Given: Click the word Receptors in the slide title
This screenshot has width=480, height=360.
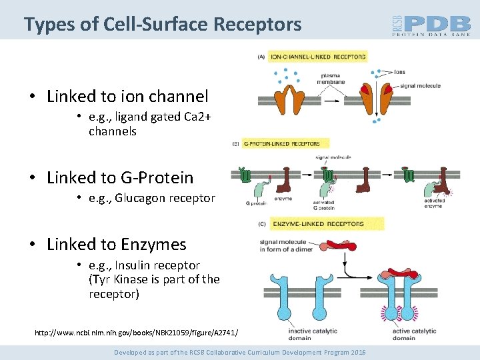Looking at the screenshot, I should coord(257,25).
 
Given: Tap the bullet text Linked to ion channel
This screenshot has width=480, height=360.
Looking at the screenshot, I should coord(127,97).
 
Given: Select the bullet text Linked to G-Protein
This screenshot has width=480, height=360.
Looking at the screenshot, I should coord(120,178).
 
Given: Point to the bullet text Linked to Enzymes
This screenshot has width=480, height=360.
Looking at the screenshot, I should coord(117,245).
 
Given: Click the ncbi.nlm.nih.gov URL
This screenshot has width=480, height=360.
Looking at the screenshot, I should coord(136,332).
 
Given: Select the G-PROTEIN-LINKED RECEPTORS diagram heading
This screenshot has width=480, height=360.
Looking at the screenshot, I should coord(281,143).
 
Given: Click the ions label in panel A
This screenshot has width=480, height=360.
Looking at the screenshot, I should coord(400,72).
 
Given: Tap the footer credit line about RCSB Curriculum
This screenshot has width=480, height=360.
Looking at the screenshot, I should coord(239,352).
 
